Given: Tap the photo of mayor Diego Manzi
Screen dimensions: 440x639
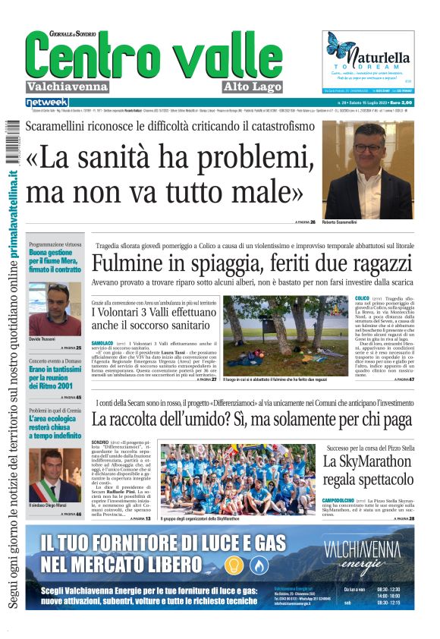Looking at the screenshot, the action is (54, 475).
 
